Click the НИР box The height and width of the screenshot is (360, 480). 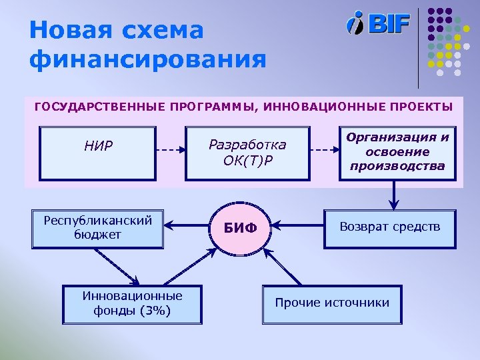(x=98, y=153)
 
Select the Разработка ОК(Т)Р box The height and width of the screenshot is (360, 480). (x=247, y=153)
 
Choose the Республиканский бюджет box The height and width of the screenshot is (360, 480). (x=98, y=228)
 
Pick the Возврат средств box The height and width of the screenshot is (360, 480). (x=390, y=228)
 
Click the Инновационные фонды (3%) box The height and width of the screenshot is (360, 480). (x=132, y=304)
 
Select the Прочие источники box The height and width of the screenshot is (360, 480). (x=332, y=304)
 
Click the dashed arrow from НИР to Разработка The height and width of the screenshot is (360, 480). (x=171, y=150)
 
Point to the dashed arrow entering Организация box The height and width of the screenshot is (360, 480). (x=325, y=150)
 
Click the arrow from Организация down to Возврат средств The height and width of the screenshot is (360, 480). (x=395, y=195)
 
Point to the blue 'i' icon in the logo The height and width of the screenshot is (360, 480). (x=356, y=23)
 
